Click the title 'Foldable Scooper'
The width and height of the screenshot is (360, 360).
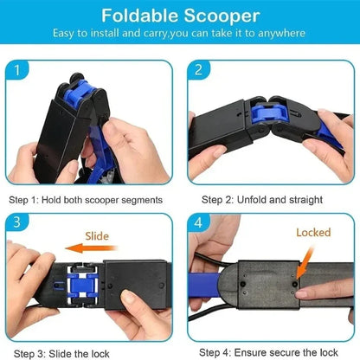point(179,16)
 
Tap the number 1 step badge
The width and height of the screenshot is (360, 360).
point(20,70)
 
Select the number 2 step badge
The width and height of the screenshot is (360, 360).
point(198,70)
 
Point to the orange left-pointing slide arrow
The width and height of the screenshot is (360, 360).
point(89,248)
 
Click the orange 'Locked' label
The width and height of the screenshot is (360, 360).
point(313,233)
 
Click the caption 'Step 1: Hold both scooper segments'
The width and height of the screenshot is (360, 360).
point(86,199)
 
